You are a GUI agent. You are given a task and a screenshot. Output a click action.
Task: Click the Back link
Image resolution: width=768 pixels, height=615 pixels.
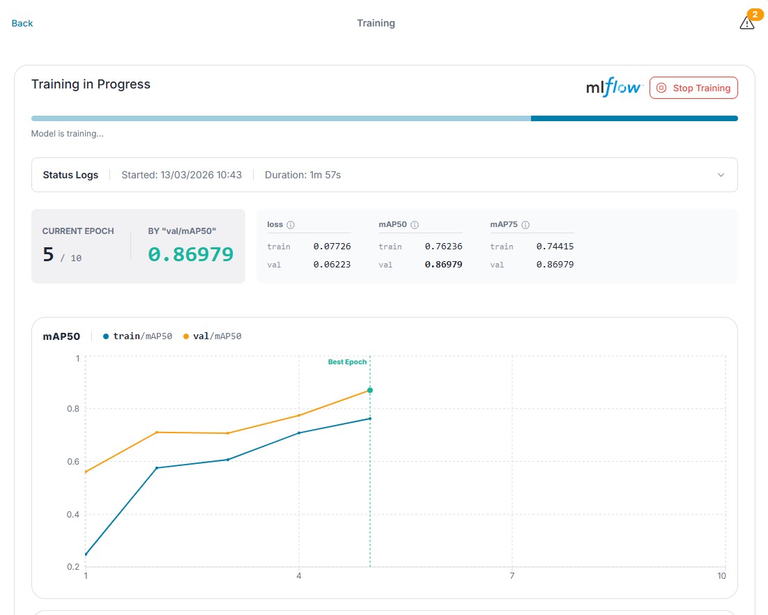click(x=22, y=23)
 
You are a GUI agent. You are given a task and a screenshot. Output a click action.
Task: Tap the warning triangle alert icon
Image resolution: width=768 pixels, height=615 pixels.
click(x=746, y=23)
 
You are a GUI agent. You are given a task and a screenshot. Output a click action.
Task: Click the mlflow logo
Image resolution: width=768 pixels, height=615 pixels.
click(x=614, y=88)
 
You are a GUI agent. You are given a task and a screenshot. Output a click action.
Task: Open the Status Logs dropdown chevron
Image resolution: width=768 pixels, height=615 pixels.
click(x=721, y=175)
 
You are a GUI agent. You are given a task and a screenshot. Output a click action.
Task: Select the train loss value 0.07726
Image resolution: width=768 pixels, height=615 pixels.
click(x=332, y=247)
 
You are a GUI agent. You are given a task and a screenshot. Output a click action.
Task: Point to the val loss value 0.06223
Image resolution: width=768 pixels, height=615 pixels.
click(x=332, y=265)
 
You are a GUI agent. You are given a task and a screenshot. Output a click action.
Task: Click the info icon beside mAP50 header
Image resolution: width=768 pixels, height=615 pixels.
click(x=415, y=225)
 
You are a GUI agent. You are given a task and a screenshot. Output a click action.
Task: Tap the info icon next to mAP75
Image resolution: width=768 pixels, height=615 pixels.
click(x=525, y=225)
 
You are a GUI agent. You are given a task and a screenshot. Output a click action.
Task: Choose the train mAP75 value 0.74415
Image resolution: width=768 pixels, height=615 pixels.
click(x=555, y=247)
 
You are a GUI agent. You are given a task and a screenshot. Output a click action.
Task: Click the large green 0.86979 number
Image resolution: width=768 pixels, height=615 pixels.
click(x=190, y=254)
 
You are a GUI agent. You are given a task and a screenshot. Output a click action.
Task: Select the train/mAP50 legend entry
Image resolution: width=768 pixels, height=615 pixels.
click(x=137, y=336)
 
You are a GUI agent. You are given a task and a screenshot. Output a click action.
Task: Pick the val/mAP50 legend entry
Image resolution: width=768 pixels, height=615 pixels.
click(x=212, y=336)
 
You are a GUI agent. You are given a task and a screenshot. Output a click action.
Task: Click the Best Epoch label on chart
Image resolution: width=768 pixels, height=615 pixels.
click(x=347, y=362)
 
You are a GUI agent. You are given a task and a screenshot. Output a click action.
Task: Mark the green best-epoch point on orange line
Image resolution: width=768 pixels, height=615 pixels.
click(x=370, y=390)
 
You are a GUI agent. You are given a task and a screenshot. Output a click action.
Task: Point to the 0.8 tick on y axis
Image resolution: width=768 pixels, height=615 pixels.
click(x=73, y=408)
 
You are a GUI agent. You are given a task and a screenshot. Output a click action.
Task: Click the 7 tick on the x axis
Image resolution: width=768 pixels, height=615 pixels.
click(x=512, y=576)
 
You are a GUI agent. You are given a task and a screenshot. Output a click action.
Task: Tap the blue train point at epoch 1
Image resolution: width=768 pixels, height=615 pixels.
click(x=86, y=554)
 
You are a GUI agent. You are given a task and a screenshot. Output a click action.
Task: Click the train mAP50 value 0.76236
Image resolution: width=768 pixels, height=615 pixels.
click(x=443, y=247)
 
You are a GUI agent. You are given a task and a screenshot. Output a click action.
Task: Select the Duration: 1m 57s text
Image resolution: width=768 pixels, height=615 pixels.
click(x=302, y=175)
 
